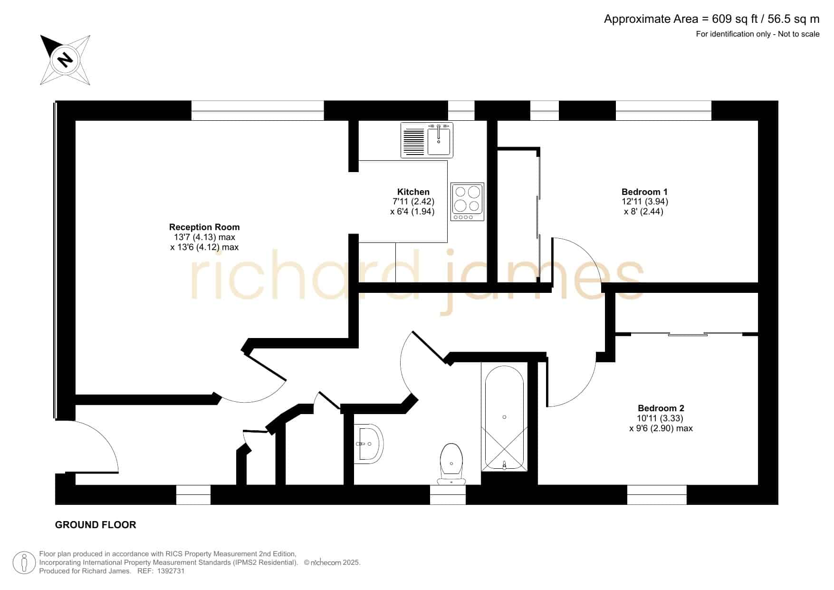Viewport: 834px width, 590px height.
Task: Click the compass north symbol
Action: (65, 60)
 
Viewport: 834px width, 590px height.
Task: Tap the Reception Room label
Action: (204, 227)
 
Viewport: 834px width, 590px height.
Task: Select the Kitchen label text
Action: (413, 192)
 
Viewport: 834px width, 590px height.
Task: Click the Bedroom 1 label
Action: (644, 192)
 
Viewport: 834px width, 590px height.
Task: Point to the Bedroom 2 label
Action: (661, 408)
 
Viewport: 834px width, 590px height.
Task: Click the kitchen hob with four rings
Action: (467, 202)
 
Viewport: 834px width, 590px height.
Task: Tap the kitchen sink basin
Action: (439, 141)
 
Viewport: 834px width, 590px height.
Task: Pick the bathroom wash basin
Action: (369, 444)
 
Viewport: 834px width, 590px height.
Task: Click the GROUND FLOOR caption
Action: (96, 525)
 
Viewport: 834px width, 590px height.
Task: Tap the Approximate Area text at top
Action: (711, 19)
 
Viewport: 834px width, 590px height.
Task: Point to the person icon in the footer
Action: (24, 563)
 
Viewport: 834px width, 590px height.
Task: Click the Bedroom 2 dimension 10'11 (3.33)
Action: (660, 418)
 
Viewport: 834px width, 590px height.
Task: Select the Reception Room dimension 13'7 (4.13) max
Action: (204, 237)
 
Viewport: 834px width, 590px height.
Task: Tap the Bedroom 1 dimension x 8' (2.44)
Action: (643, 212)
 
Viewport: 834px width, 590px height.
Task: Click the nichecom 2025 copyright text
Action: (332, 563)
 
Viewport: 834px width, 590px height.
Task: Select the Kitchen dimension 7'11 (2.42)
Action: (413, 202)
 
